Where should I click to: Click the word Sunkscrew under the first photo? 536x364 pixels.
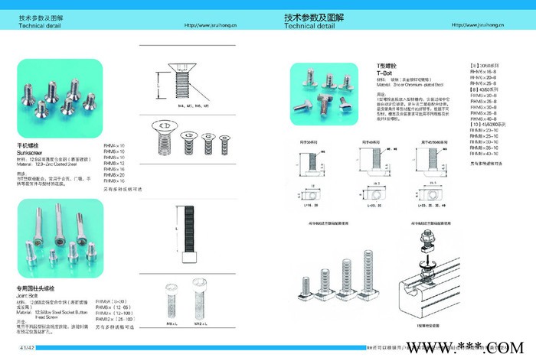pos(31,153)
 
